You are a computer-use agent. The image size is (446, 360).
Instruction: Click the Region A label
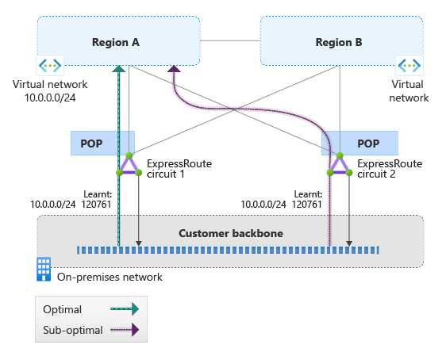coord(116,42)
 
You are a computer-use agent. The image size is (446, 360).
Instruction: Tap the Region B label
coord(339,42)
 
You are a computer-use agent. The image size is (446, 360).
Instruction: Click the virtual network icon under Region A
coord(50,66)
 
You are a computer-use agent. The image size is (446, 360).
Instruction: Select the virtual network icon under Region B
coord(409,66)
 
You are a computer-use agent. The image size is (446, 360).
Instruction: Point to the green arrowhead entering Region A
coord(119,69)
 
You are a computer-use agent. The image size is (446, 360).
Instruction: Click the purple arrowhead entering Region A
coord(174,69)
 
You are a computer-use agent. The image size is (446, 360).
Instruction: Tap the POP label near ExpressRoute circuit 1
coord(91,144)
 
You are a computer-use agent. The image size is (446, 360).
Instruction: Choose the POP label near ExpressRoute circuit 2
coord(368,144)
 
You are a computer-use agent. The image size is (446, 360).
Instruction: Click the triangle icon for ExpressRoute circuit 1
coord(129,164)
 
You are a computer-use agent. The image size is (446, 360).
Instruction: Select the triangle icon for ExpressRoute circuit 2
coord(340,164)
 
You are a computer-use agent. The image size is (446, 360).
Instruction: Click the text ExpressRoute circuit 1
coord(179,169)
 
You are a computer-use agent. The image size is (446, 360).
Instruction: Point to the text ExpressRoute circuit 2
coord(390,169)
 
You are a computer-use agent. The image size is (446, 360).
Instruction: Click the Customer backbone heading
coord(231,233)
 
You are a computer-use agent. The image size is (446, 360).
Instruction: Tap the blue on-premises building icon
coord(44,269)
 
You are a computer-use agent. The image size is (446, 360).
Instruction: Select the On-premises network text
coord(110,277)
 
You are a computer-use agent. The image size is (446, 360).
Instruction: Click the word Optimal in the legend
coord(62,309)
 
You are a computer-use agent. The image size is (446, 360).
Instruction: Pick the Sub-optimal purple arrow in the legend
coord(125,330)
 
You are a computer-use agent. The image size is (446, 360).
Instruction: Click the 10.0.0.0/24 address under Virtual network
coord(50,98)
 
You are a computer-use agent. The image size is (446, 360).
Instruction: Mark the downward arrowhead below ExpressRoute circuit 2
coord(349,243)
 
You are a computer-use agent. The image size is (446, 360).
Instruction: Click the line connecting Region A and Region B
coord(230,40)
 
